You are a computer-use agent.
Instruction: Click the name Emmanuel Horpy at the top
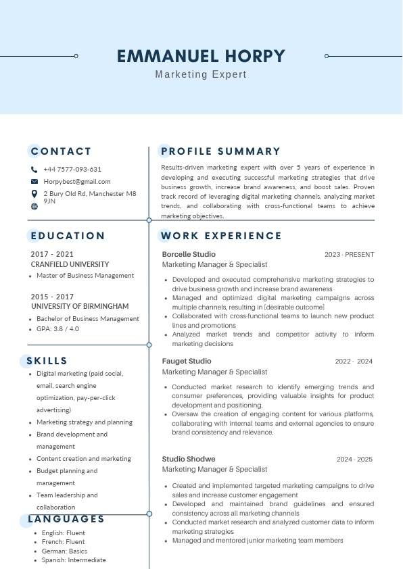pyautogui.click(x=201, y=56)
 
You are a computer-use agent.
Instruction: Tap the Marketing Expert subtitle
pyautogui.click(x=201, y=74)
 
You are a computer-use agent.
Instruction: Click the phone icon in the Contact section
pyautogui.click(x=34, y=170)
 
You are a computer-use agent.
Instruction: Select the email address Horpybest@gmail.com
pyautogui.click(x=76, y=182)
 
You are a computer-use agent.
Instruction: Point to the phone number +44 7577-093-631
pyautogui.click(x=72, y=170)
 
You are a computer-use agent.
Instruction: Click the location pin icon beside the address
pyautogui.click(x=34, y=194)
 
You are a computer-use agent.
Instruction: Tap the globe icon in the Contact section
pyautogui.click(x=34, y=206)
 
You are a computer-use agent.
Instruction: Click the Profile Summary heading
pyautogui.click(x=220, y=151)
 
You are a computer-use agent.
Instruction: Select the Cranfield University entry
pyautogui.click(x=70, y=264)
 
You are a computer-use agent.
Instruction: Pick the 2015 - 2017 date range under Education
pyautogui.click(x=53, y=297)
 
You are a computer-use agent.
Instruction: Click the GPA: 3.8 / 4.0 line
pyautogui.click(x=57, y=329)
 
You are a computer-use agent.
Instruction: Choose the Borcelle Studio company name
pyautogui.click(x=189, y=254)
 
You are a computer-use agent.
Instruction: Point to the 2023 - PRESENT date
pyautogui.click(x=349, y=255)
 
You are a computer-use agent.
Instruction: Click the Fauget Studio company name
pyautogui.click(x=187, y=361)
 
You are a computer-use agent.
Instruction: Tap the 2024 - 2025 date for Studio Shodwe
pyautogui.click(x=354, y=460)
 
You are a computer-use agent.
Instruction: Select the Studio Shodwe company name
pyautogui.click(x=189, y=459)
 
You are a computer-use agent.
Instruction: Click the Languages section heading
pyautogui.click(x=66, y=519)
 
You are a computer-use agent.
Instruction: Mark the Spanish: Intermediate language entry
pyautogui.click(x=71, y=560)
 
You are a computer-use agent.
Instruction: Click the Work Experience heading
pyautogui.click(x=220, y=236)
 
